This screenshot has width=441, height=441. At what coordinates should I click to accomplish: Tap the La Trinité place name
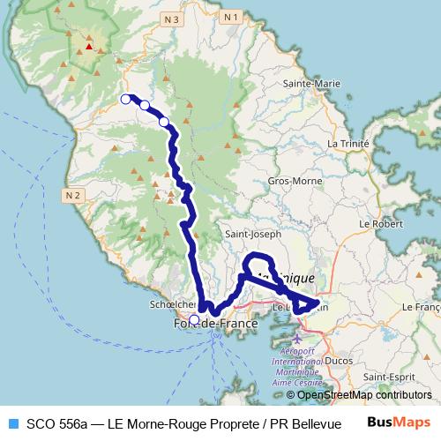coord(347,142)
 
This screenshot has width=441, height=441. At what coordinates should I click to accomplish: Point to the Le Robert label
coord(377,225)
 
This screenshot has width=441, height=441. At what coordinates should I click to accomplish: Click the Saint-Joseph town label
coord(253,235)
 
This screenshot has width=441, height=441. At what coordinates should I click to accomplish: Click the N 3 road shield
coord(171,19)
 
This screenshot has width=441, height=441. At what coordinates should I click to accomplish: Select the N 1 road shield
coord(231,17)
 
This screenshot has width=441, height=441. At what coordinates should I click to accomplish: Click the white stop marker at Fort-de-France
coord(195,319)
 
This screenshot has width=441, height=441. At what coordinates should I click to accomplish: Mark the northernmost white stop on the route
coord(126,99)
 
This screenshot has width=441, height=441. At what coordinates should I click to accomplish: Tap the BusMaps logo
coord(398,422)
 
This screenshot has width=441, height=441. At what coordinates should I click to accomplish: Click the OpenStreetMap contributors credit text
coord(364,395)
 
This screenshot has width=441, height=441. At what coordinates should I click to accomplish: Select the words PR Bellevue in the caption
coord(313,422)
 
